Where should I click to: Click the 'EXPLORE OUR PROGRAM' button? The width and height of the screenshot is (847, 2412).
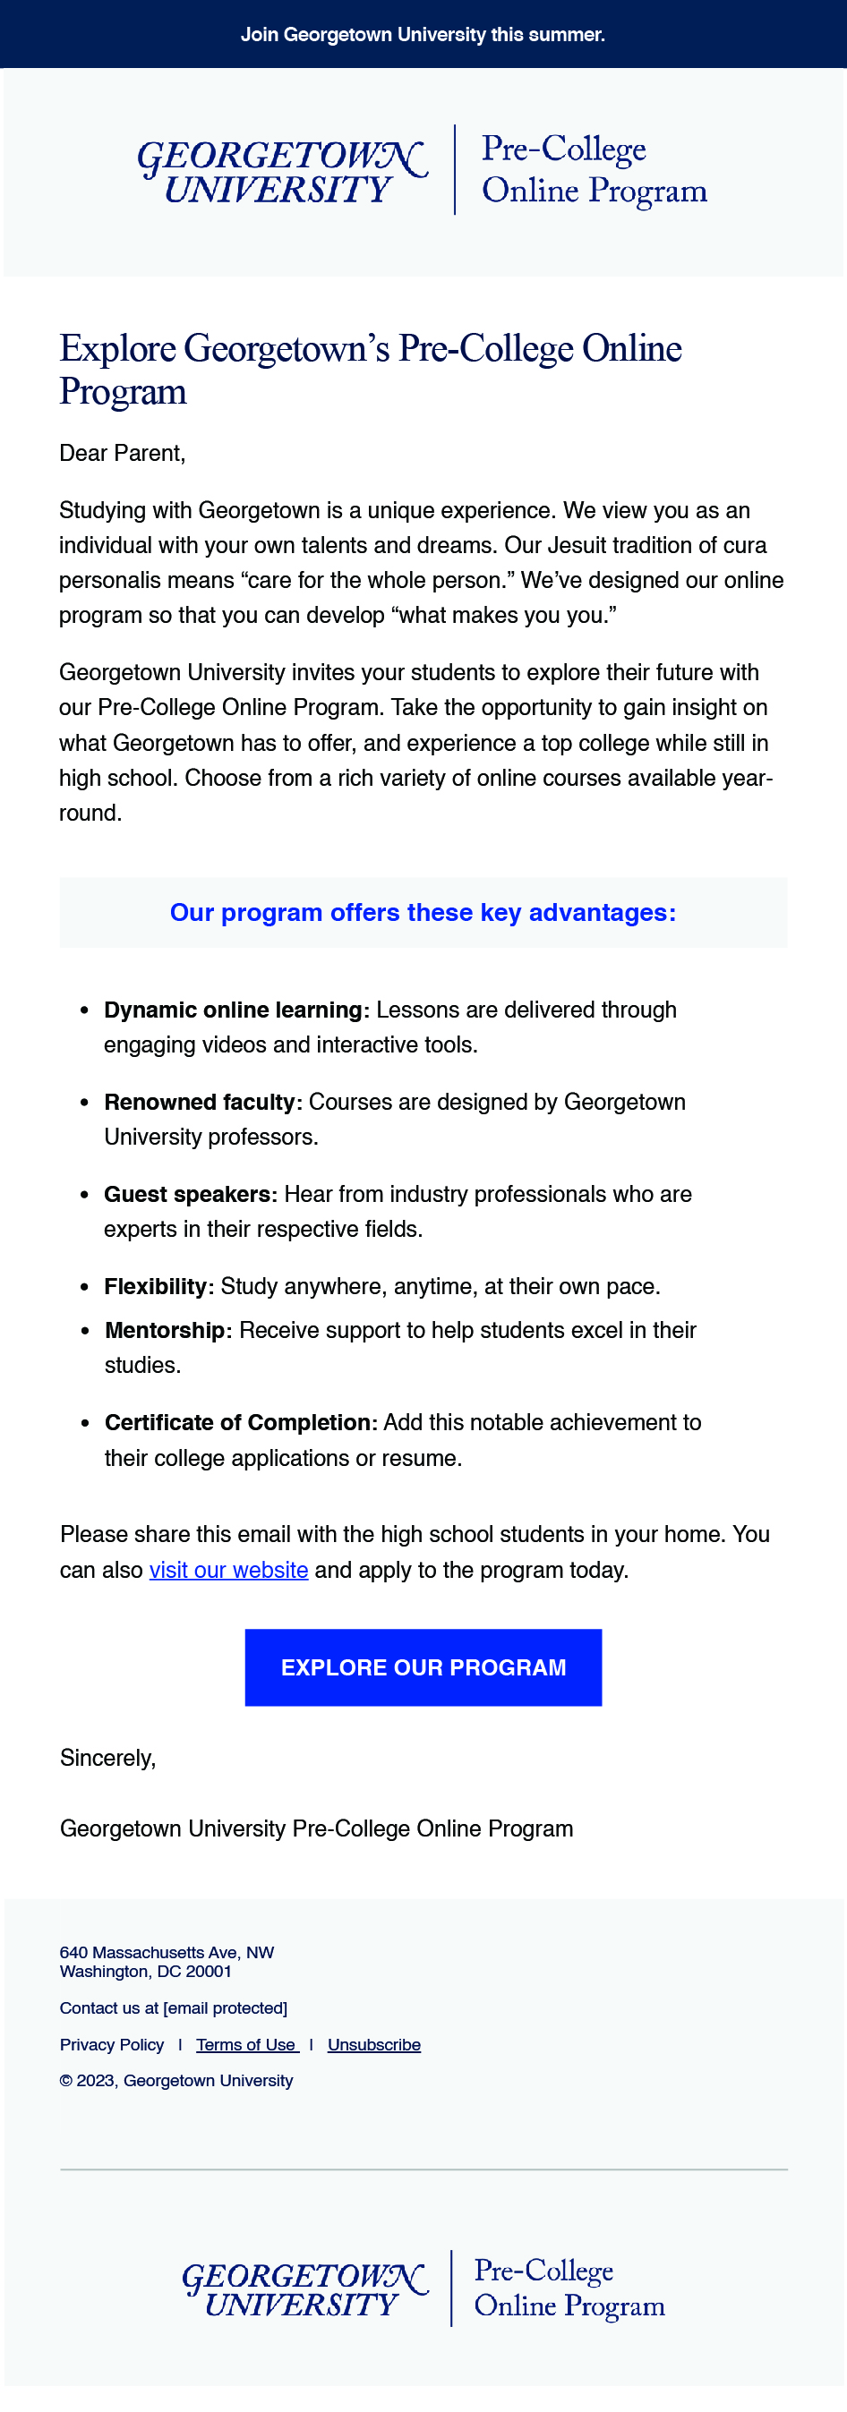point(423,1666)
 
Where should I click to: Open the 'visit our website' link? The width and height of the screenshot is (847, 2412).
point(228,1569)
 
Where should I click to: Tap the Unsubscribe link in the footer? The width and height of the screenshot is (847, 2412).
point(374,2044)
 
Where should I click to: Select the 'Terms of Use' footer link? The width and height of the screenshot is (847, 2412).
point(246,2044)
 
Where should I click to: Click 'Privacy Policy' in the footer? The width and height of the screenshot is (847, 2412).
point(112,2044)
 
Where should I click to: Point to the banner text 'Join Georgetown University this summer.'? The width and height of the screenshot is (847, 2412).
point(423,35)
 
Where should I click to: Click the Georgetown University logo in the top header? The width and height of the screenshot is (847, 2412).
point(281,172)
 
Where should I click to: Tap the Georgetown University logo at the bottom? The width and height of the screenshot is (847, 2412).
point(304,2288)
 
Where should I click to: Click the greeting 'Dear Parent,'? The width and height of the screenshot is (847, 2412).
point(122,453)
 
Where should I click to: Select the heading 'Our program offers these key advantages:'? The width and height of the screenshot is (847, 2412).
point(423,912)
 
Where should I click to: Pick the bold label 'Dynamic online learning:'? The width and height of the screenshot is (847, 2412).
point(236,1010)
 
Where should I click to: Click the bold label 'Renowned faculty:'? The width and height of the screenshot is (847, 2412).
point(202,1102)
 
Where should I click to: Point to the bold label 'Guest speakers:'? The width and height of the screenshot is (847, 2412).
point(190,1194)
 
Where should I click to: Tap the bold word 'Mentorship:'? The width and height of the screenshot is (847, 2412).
point(167,1331)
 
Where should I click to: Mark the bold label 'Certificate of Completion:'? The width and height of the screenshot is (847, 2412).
point(241,1422)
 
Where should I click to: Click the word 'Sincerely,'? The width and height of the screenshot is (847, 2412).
point(107,1758)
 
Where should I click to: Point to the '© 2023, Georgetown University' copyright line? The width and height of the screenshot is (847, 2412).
point(176,2081)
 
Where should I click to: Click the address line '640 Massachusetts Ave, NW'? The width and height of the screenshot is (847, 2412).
point(167,1952)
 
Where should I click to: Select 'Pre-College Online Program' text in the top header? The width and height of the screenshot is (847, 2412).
point(593,169)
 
